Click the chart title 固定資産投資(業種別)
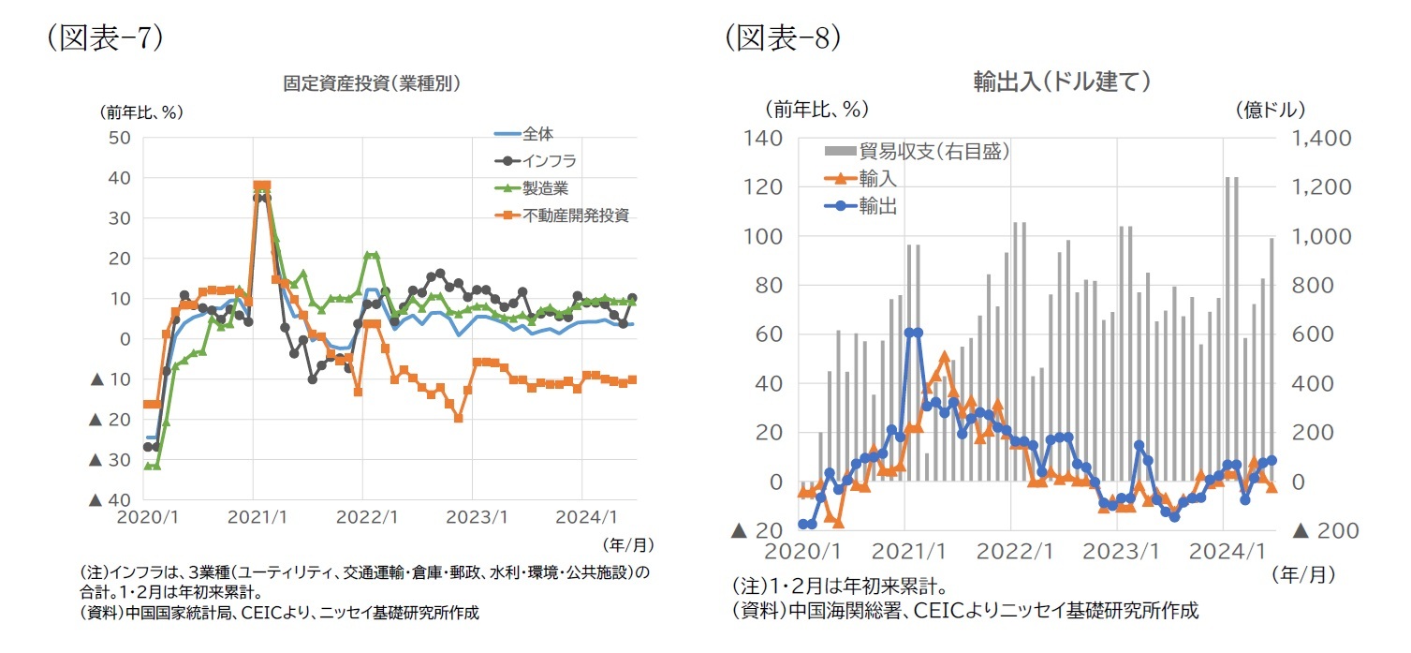pyautogui.click(x=372, y=82)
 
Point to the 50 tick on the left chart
pyautogui.click(x=120, y=138)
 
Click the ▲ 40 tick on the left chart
pyautogui.click(x=108, y=500)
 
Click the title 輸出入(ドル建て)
pyautogui.click(x=1062, y=82)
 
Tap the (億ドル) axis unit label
pyautogui.click(x=1271, y=110)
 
